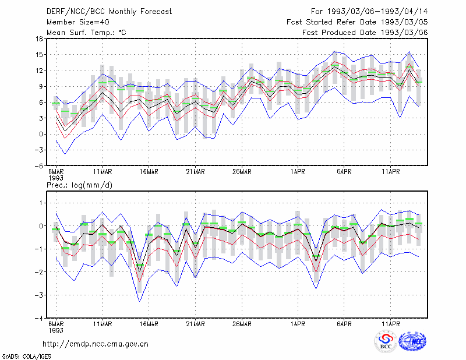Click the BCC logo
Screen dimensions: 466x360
pyautogui.click(x=386, y=341)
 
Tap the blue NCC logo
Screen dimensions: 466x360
pyautogui.click(x=412, y=341)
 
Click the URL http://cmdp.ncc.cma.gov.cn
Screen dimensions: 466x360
pyautogui.click(x=96, y=344)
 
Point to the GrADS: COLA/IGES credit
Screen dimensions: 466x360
pyautogui.click(x=27, y=356)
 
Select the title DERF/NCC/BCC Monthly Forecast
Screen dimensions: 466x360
pyautogui.click(x=109, y=12)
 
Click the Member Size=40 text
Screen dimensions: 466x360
pyautogui.click(x=78, y=22)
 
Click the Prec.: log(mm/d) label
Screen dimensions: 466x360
pyautogui.click(x=79, y=185)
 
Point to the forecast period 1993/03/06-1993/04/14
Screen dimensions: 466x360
pyautogui.click(x=369, y=12)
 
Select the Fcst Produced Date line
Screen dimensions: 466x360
pyautogui.click(x=365, y=33)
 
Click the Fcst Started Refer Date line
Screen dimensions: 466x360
pyautogui.click(x=357, y=22)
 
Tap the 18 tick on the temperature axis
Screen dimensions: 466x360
pyautogui.click(x=39, y=38)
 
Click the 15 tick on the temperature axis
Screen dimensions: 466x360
pyautogui.click(x=39, y=55)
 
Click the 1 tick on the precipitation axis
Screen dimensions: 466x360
pyautogui.click(x=41, y=203)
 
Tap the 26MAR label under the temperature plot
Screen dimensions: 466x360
pyautogui.click(x=242, y=172)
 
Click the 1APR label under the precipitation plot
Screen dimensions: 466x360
pyautogui.click(x=298, y=324)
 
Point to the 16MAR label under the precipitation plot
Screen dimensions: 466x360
pyautogui.click(x=149, y=324)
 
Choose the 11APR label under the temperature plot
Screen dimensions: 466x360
pyautogui.click(x=390, y=172)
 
